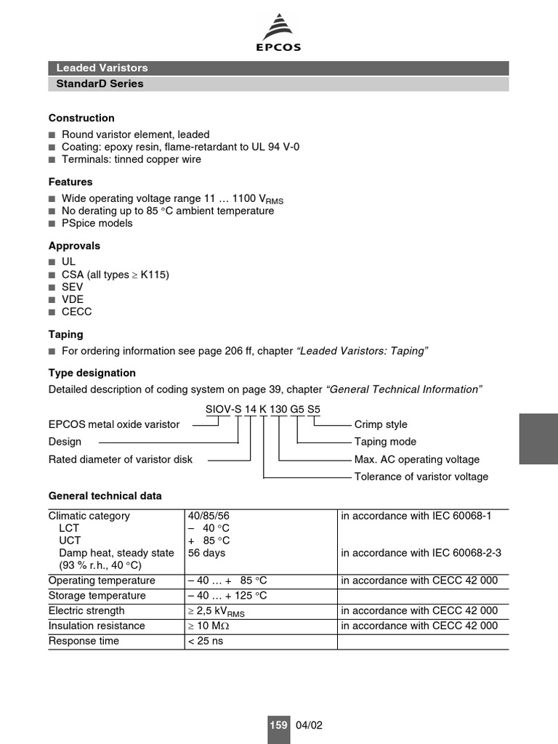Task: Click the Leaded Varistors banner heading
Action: point(102,68)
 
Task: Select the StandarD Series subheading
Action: point(100,84)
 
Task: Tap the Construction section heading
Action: point(81,118)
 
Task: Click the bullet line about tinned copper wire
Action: point(132,159)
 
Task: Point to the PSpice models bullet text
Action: point(97,223)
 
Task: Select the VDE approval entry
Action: point(73,299)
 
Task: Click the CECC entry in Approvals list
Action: point(76,312)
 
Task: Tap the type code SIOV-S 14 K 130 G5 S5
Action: point(262,409)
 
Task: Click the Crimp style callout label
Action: point(381,424)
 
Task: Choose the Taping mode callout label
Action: point(385,442)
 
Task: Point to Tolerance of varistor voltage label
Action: point(421,477)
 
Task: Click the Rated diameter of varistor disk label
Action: point(121,459)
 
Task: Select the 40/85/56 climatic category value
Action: point(209,516)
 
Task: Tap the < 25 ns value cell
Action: point(206,641)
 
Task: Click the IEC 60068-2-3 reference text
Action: point(421,553)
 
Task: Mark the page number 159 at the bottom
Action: point(278,725)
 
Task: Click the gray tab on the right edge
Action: point(538,439)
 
